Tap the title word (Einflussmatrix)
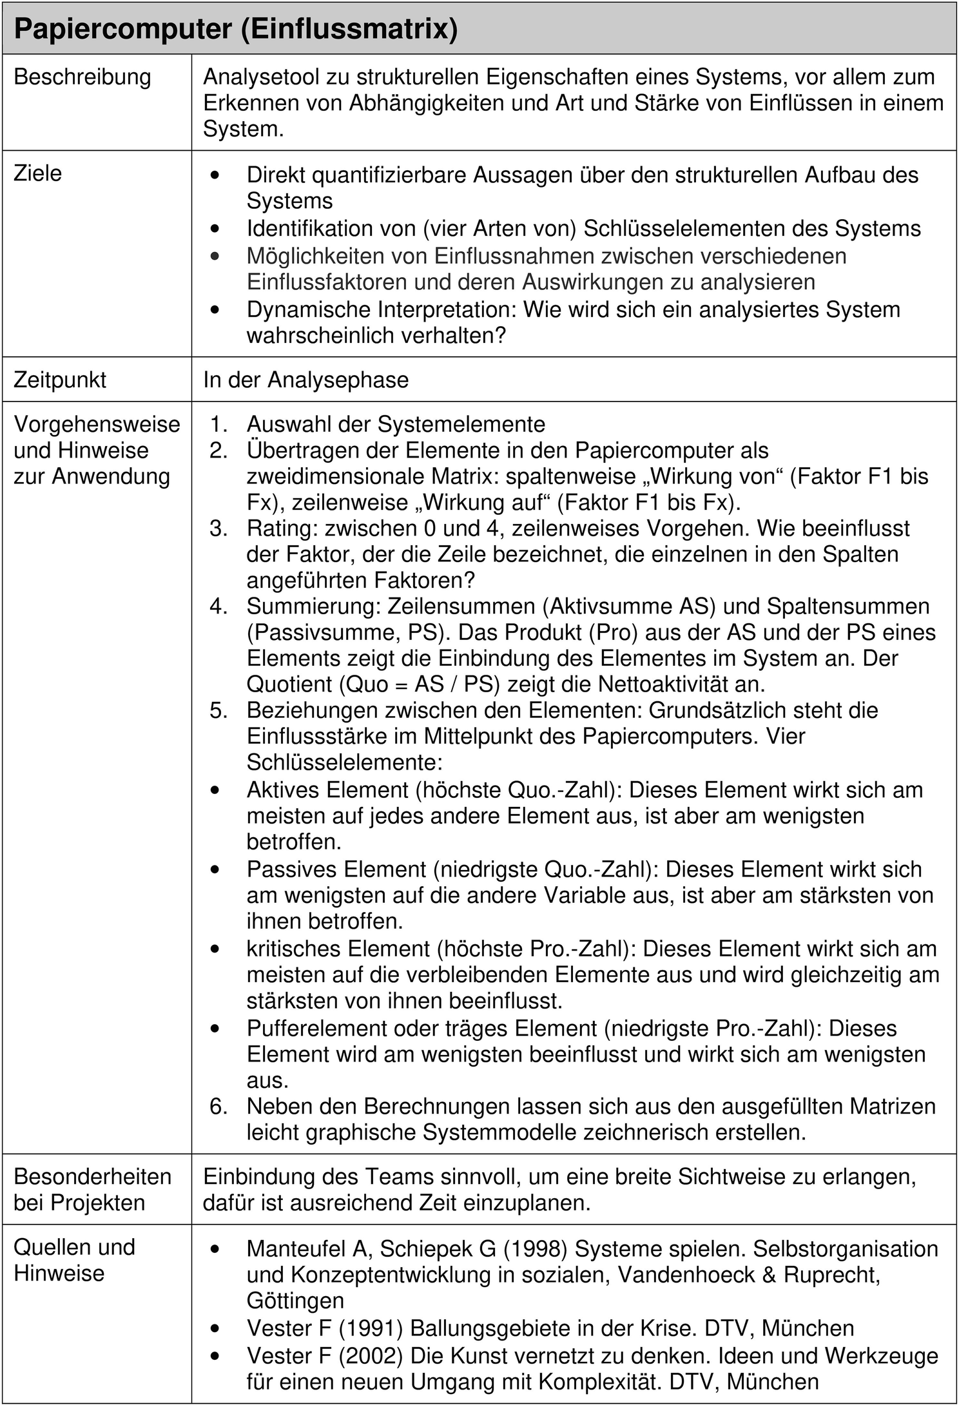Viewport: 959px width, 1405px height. pyautogui.click(x=349, y=29)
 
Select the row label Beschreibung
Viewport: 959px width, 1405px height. pyautogui.click(x=82, y=77)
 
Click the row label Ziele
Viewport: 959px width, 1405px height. pyautogui.click(x=38, y=173)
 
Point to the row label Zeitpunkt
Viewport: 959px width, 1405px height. pyautogui.click(x=60, y=380)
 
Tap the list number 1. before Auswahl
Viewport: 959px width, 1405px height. pyautogui.click(x=218, y=424)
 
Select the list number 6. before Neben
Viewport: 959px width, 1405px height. pyautogui.click(x=218, y=1106)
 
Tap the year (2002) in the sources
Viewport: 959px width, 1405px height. pyautogui.click(x=371, y=1357)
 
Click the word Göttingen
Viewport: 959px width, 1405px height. pyautogui.click(x=295, y=1301)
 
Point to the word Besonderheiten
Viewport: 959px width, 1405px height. pyautogui.click(x=92, y=1177)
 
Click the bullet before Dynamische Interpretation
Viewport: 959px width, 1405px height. pyautogui.click(x=215, y=310)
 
